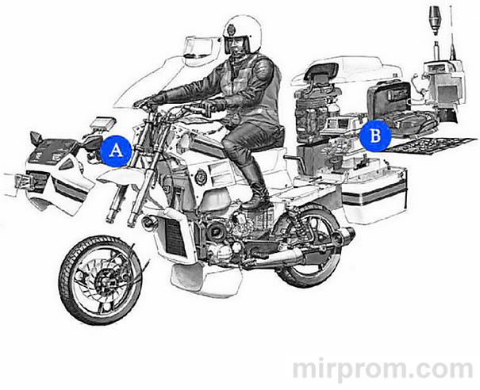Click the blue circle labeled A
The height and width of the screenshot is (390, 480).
[115, 150]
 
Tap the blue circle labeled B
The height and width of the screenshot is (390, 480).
[374, 136]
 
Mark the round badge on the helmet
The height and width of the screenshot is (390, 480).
[231, 30]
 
